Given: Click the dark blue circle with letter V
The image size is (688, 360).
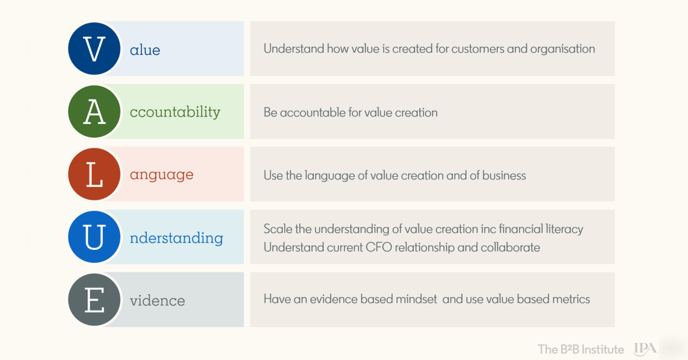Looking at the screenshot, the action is pos(94,49).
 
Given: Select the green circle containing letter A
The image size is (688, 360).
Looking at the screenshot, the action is pos(94,111).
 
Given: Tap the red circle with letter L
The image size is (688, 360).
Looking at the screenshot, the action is pos(94,175).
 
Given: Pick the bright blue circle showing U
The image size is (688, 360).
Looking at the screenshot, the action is pos(94,237).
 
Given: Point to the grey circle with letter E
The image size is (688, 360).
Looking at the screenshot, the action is pos(94,300).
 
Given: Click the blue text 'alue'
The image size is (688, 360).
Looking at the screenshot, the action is pos(145,50).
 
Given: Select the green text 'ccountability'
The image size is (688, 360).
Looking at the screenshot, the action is pos(175,113).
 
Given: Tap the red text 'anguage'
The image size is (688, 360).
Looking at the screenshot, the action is pos(161,175).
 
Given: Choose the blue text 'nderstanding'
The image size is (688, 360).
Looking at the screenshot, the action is pos(176,238).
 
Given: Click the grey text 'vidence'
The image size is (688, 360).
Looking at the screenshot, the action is pos(158,301).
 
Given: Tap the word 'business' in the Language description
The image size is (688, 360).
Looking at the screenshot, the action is pos(504,175).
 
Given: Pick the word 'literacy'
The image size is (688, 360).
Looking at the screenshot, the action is pos(564,229).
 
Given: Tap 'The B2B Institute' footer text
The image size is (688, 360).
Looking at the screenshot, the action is pos(581,349).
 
